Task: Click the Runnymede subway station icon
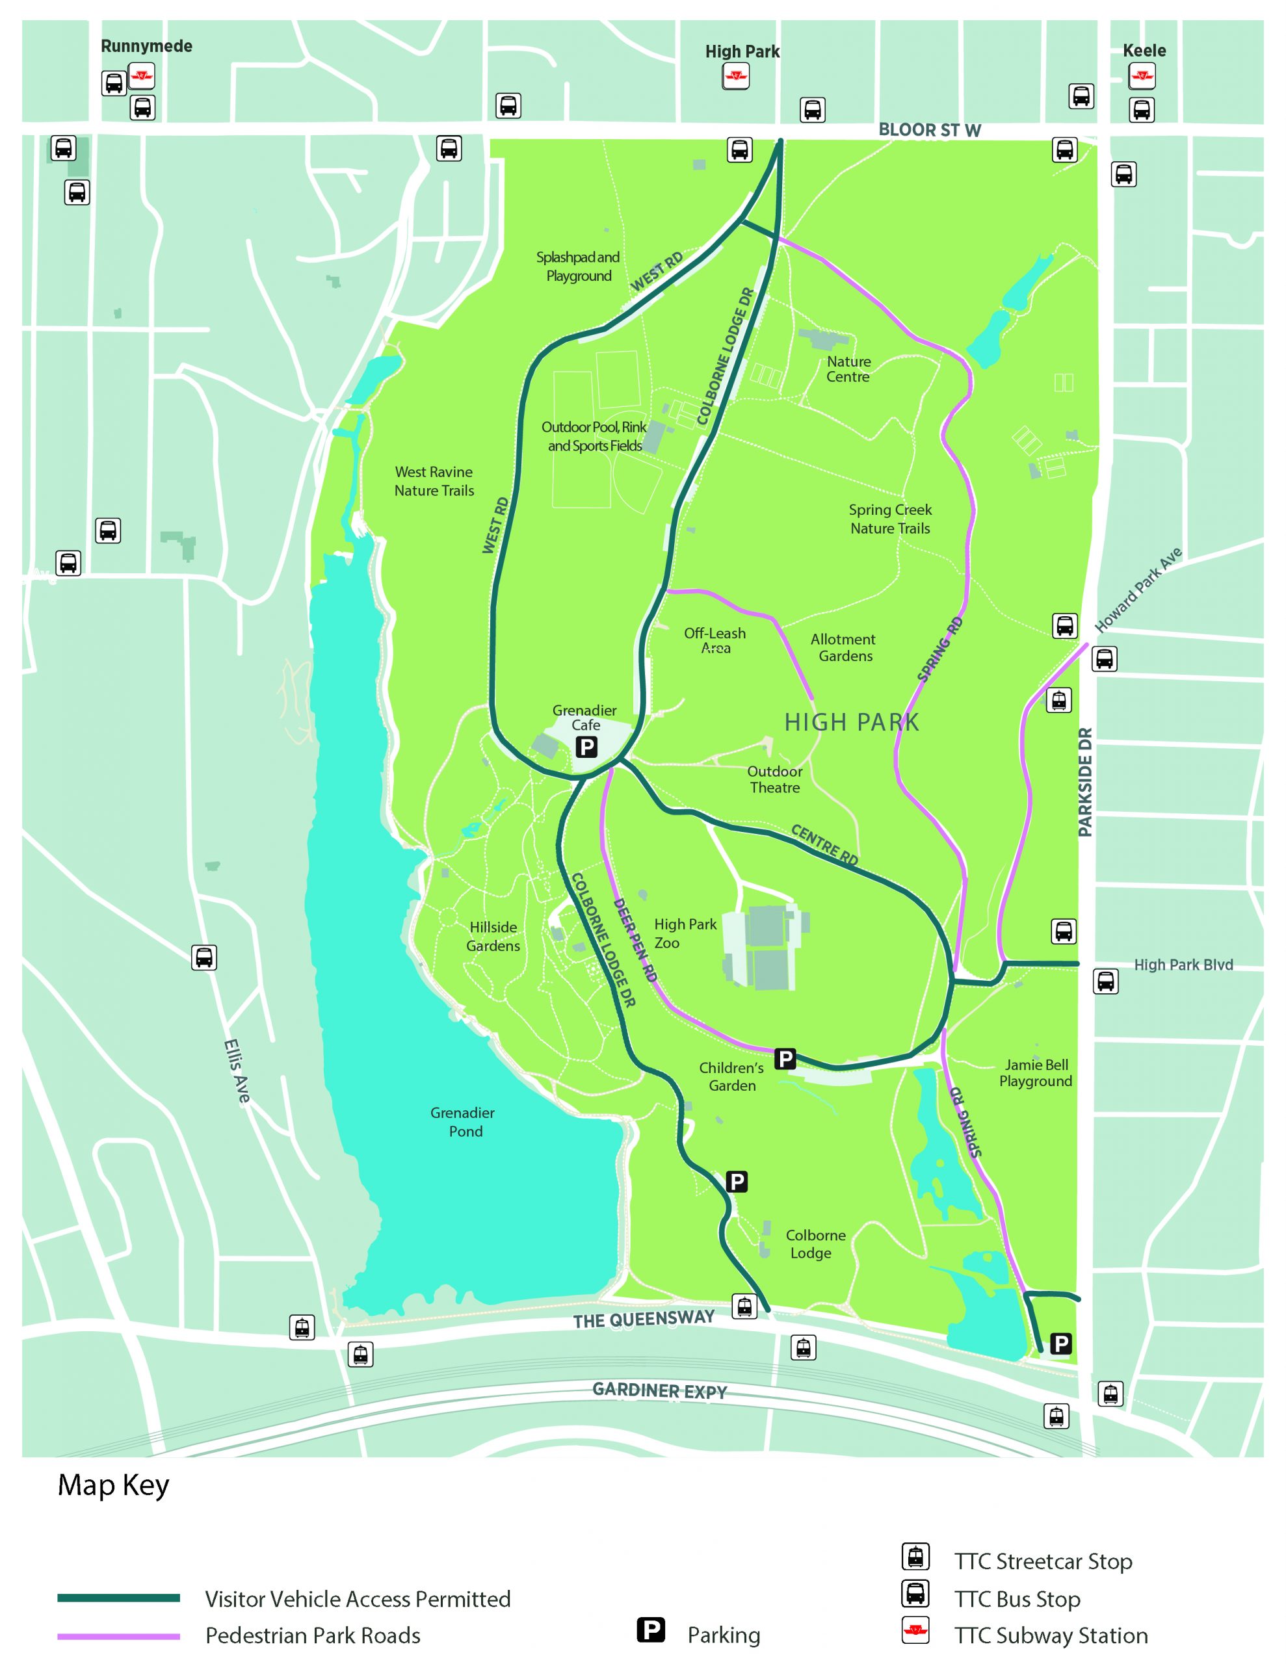pos(141,76)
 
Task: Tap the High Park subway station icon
pos(735,76)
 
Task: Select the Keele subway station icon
pos(1141,76)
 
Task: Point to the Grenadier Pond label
pos(463,1121)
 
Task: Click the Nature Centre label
pos(848,369)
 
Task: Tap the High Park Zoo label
pos(685,933)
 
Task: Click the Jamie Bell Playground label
pos(1035,1072)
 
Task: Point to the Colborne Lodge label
pos(815,1244)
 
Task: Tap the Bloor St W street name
pos(929,130)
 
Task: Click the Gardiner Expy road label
pos(659,1391)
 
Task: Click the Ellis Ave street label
pos(237,1071)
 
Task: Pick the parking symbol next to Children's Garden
pos(784,1058)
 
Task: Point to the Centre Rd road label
pos(824,845)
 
